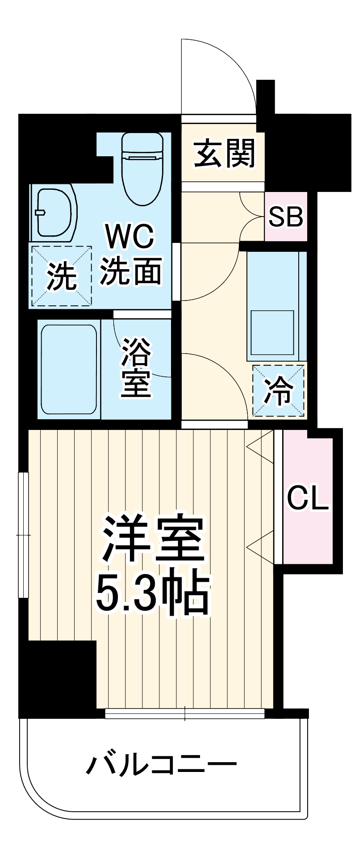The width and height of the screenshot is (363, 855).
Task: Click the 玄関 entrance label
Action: point(225,154)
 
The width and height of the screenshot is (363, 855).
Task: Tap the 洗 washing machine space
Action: point(61,276)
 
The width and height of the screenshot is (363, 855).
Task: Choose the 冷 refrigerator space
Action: point(278,391)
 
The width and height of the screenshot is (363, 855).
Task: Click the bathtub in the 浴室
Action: point(69,369)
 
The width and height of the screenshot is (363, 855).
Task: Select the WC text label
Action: point(129,237)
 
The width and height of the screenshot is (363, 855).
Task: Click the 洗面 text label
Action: point(130,270)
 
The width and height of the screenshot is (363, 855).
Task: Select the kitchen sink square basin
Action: point(271,332)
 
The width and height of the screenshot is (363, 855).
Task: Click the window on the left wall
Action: point(23,534)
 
